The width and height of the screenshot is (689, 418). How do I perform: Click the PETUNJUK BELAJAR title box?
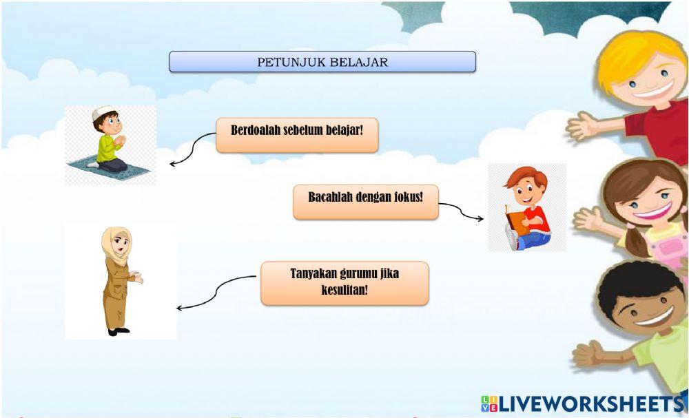(322, 62)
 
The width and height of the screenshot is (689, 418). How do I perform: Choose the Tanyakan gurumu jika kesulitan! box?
(344, 282)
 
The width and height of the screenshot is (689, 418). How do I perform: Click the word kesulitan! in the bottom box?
(344, 290)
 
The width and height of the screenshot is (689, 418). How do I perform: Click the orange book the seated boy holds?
(516, 220)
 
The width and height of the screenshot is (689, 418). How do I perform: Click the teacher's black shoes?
(118, 331)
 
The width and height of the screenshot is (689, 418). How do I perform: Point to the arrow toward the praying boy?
(189, 148)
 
